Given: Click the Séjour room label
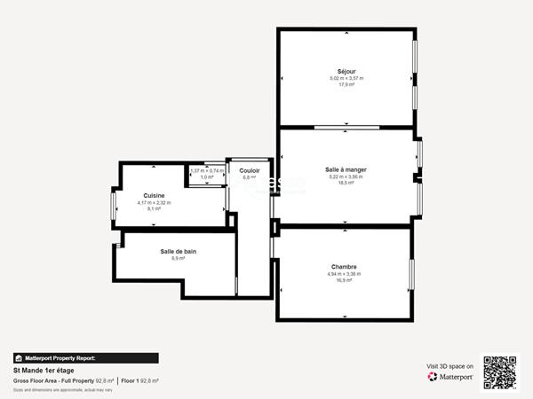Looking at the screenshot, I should [x=346, y=71].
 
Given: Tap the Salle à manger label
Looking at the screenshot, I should [x=346, y=168].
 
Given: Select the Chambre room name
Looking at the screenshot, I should [x=344, y=266].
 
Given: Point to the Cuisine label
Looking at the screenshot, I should [x=154, y=195].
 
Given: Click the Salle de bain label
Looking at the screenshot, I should [x=179, y=251].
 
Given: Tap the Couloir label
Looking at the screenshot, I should [x=250, y=170].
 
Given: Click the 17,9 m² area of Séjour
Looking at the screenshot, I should [x=346, y=85].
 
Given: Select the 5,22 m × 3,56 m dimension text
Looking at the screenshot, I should [x=346, y=176].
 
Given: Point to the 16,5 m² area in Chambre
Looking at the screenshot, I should [x=344, y=280].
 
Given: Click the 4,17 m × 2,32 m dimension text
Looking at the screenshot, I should [x=154, y=203].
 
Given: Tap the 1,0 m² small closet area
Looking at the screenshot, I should [x=207, y=177].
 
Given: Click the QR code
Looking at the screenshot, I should [x=499, y=372].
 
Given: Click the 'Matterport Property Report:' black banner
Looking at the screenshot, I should [x=85, y=358].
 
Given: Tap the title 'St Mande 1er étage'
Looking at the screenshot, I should [x=44, y=371].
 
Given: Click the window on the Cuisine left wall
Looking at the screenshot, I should [x=113, y=205].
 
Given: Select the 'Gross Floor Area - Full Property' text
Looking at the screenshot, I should [x=54, y=380].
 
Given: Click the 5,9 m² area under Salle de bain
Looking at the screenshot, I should [x=179, y=259].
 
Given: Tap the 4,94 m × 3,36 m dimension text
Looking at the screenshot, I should [x=344, y=274].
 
